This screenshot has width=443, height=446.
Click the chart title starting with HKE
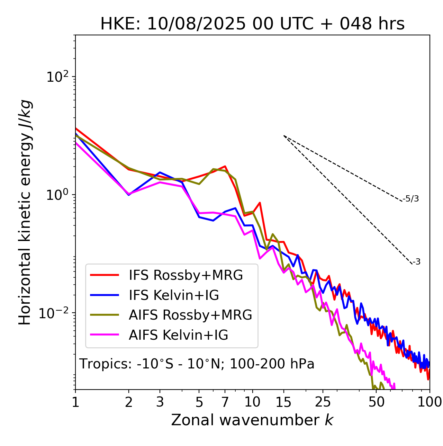tap(252, 24)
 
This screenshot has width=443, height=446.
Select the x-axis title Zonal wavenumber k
tap(252, 420)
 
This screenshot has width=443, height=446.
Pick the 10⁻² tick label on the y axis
tap(55, 313)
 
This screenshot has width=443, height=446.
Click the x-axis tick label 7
tap(225, 402)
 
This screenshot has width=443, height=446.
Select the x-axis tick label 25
tap(323, 402)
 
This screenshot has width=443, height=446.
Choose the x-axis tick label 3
tap(160, 402)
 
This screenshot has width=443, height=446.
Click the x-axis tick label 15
tap(283, 402)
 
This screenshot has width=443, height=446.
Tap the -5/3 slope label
tap(411, 199)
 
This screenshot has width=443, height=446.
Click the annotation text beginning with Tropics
tap(197, 364)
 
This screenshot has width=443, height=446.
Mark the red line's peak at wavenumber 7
tap(225, 166)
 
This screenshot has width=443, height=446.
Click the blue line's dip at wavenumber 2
tap(129, 195)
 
